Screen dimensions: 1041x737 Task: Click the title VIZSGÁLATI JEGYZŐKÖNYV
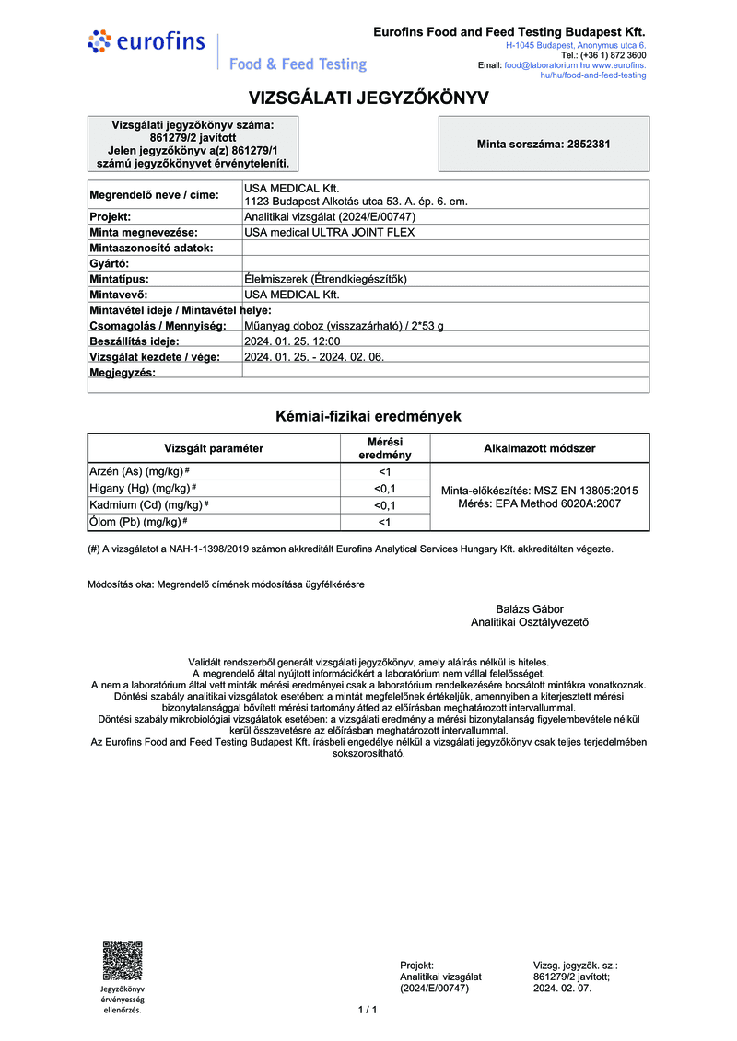click(x=368, y=98)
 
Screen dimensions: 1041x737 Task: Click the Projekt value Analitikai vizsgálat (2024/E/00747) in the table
click(x=330, y=216)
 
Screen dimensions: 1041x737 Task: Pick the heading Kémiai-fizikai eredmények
click(x=368, y=416)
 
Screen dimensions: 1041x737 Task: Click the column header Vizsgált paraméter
click(x=214, y=448)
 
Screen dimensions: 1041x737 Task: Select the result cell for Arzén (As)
click(x=385, y=471)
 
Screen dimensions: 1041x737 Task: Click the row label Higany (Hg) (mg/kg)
click(x=142, y=488)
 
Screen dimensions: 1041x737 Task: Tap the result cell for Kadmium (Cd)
click(x=385, y=505)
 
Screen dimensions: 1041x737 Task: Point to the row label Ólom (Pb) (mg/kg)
click(x=136, y=522)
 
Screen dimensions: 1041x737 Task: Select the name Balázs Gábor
click(x=530, y=609)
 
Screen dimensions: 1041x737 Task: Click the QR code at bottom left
click(x=123, y=960)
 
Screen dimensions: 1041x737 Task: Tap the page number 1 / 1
click(x=368, y=1011)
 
